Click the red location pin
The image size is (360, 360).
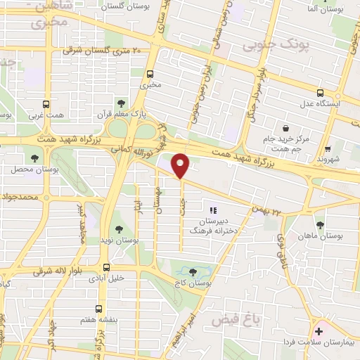click(x=181, y=166)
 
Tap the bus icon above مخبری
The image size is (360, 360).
click(x=150, y=73)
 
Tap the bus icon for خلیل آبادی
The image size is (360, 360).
click(x=107, y=266)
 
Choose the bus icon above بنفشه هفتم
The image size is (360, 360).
click(x=98, y=309)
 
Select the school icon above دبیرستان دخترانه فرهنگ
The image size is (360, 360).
click(x=213, y=210)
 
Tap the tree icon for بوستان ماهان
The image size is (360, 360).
click(x=320, y=225)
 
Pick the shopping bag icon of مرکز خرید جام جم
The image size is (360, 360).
click(x=285, y=128)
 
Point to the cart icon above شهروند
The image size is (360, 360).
click(x=328, y=148)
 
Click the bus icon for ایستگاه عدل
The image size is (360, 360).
click(x=320, y=93)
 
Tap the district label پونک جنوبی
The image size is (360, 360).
click(x=276, y=45)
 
